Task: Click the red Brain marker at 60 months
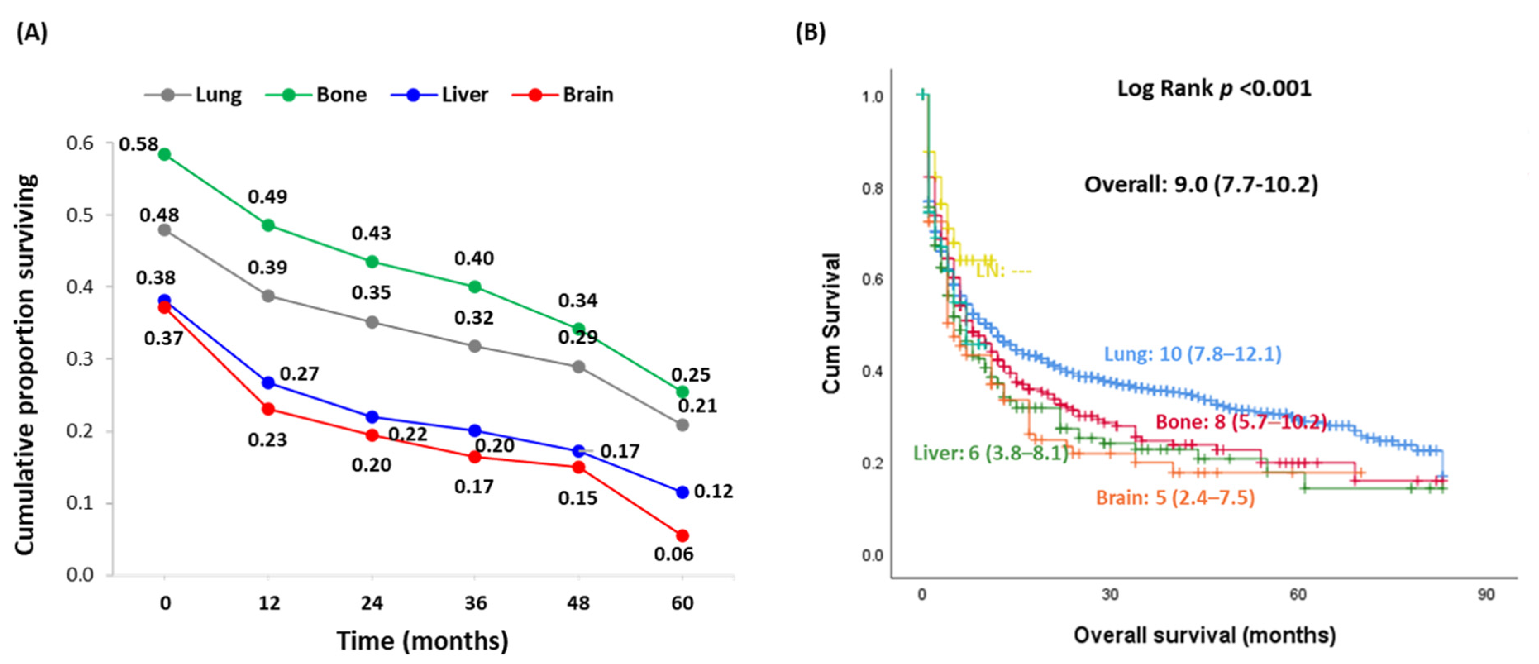682,535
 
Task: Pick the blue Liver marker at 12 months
268,382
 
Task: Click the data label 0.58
138,144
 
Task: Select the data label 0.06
673,554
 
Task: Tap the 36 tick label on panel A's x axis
475,603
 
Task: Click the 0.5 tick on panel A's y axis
80,215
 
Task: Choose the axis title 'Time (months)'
422,641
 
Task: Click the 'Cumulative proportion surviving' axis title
25,365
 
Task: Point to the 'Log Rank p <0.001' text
1214,88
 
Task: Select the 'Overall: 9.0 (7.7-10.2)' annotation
1201,184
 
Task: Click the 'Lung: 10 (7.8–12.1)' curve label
1193,354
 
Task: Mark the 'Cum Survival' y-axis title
832,323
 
